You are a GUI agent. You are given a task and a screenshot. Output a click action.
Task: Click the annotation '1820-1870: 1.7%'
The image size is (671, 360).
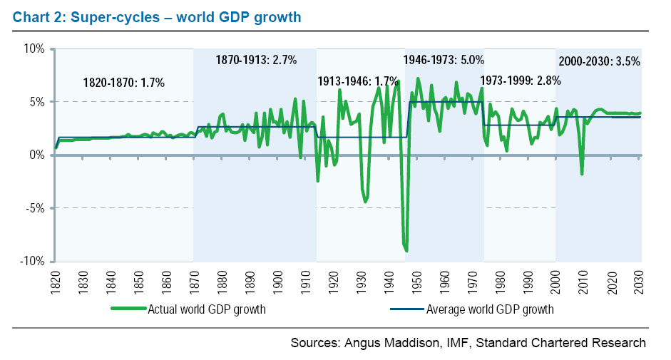coord(123,83)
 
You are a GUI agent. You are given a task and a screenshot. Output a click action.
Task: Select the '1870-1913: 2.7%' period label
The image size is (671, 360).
coord(256,60)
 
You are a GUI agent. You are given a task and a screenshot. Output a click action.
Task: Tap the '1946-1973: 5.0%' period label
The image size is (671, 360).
coord(444,60)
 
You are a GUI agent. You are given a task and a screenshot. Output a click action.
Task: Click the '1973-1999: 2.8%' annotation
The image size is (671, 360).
coord(520,81)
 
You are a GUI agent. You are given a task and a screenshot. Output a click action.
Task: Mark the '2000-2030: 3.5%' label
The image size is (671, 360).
coord(599,61)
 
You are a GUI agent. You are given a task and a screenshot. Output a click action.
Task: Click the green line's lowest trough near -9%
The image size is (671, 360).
coord(406,250)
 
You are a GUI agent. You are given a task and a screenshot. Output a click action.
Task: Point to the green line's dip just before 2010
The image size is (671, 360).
coord(582,174)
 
